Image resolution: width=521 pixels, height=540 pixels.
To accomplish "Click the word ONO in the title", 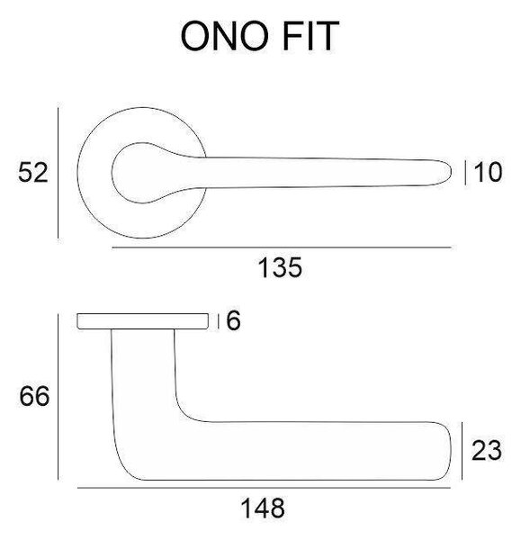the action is pos(225,36).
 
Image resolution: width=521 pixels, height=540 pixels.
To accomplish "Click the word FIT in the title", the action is pos(310,36).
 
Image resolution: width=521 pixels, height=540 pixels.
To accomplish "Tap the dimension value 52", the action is pos(33,173).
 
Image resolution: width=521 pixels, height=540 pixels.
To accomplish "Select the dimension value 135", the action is pos(280,267).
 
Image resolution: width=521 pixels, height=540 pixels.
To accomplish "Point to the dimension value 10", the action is pos(488,172).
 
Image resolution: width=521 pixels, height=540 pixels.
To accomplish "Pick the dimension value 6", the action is pos(233,320).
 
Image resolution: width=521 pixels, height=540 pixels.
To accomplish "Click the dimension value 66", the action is pos(34,396).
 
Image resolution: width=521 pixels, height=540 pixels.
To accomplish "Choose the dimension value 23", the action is pos(486,451).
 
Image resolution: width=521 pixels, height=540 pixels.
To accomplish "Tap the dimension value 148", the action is pos(263,508).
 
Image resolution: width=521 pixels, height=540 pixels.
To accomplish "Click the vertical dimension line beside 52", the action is pos(58,173).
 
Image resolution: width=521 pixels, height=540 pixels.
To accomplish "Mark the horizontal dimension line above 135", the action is pos(282,247).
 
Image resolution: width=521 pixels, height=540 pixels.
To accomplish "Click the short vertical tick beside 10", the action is pos(465,173).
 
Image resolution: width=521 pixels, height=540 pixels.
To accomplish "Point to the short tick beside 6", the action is pos(219,321).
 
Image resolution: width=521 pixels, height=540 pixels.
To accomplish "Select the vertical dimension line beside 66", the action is pos(58,397).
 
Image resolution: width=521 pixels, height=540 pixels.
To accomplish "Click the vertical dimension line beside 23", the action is pos(462,451).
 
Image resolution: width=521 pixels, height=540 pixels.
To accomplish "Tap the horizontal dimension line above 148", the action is pos(264,488).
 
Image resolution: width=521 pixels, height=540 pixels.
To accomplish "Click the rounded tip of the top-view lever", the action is pos(451,172).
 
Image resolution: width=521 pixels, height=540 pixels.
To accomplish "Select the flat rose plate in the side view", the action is pos(142,321).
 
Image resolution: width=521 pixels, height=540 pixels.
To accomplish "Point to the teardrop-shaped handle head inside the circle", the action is pos(145,172).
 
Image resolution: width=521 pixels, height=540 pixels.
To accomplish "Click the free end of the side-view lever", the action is pos(450,451).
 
